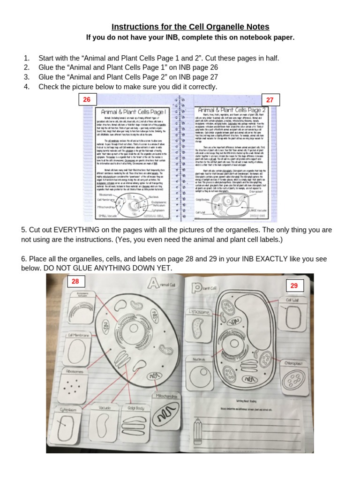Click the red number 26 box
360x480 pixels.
(x=87, y=99)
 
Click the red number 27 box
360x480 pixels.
(x=270, y=100)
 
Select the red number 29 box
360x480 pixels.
(x=294, y=285)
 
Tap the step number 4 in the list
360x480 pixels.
(x=26, y=87)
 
